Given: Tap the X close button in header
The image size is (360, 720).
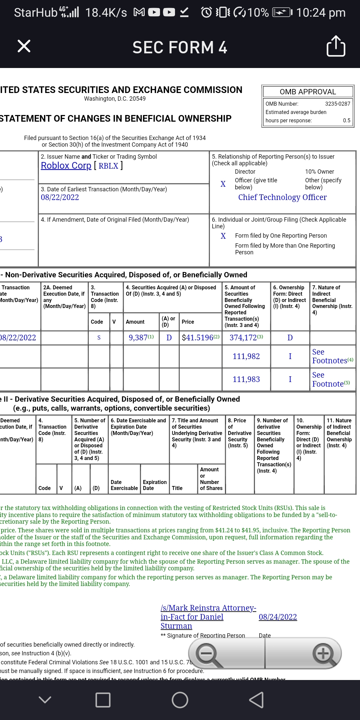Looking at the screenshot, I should [x=24, y=46].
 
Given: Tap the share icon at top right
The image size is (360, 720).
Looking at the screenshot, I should [x=336, y=46].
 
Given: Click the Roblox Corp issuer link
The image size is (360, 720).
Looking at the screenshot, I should [x=66, y=166].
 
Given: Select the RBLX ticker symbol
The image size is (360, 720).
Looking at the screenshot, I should [x=108, y=166].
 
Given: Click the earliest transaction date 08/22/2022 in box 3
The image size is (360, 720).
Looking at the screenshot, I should [x=60, y=197].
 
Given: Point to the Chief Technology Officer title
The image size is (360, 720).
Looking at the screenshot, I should [x=282, y=197].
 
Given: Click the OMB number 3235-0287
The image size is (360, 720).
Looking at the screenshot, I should [x=338, y=104].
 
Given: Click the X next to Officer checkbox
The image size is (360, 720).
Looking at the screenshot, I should [x=223, y=184].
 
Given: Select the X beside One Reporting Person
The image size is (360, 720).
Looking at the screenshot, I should [x=223, y=236].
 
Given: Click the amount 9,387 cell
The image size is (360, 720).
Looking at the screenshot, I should [x=138, y=338].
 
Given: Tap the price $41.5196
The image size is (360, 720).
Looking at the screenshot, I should [x=198, y=338].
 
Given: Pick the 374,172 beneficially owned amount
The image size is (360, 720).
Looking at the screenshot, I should [x=243, y=338].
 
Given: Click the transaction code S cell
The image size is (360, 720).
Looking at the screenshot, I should [x=99, y=338].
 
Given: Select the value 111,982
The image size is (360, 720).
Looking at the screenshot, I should [x=246, y=356].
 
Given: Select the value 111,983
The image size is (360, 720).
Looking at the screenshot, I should [x=246, y=379].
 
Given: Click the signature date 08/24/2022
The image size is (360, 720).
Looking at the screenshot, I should [x=278, y=617].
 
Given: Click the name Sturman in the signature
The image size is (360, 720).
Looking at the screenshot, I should [x=176, y=626].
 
